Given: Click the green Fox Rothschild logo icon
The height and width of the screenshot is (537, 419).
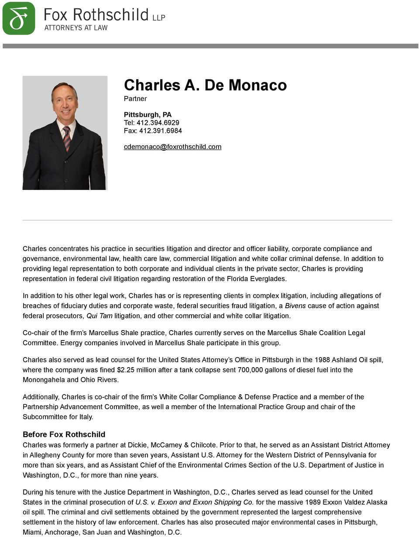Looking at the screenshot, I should pos(19,18).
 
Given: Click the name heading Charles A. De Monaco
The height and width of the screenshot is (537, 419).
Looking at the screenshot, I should pos(205,85).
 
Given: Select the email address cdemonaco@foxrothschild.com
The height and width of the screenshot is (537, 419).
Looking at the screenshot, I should pos(172,147).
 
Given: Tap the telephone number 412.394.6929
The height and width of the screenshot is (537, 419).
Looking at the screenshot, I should pos(158,123).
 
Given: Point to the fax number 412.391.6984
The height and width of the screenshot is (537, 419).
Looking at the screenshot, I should pos(160,131).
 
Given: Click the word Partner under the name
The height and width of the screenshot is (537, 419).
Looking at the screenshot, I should pos(135,99).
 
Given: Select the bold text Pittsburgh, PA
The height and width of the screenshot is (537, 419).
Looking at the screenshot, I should pos(148,115).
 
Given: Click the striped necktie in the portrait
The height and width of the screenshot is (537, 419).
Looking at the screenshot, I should pos(67,138).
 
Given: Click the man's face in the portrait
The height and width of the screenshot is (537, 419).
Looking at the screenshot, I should pos(64,101).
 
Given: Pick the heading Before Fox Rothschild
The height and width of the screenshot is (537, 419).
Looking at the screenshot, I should pos(64,434).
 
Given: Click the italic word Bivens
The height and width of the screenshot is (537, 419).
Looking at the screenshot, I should pos(295,306).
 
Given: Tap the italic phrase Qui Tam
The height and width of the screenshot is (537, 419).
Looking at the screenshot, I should pos(100,316).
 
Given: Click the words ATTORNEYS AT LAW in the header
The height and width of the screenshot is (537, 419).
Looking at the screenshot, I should pos(76,28).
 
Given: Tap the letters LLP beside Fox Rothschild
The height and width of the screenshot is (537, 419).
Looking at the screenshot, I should pos(158,18).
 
